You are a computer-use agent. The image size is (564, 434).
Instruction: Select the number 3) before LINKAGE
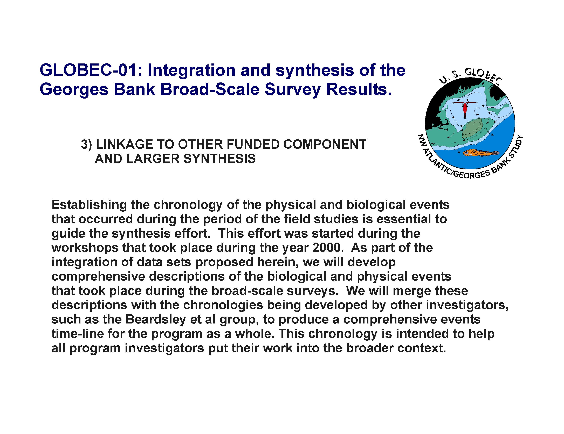point(86,145)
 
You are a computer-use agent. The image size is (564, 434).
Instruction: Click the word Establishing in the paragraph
point(89,205)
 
